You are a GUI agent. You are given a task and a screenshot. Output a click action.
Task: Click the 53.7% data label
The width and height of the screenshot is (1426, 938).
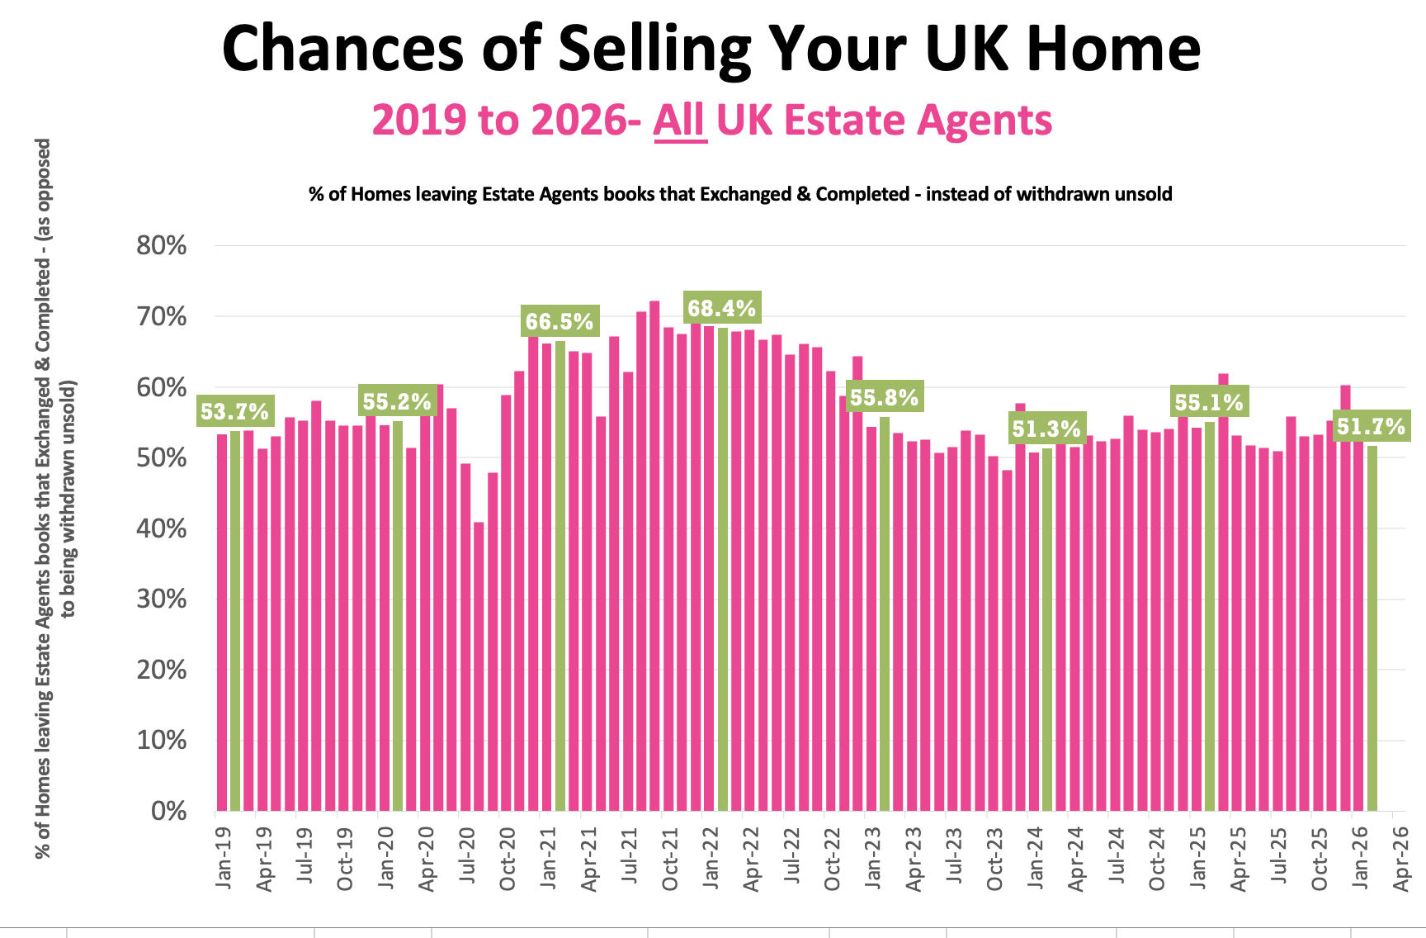point(234,411)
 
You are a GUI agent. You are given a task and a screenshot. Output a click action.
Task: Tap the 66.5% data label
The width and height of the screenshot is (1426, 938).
point(560,321)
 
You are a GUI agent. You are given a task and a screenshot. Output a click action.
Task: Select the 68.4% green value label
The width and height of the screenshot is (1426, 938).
point(722,309)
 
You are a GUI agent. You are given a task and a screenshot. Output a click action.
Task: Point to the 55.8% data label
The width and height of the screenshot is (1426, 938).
point(884,397)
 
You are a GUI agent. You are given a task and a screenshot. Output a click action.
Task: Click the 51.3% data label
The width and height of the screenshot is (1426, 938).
point(1046,429)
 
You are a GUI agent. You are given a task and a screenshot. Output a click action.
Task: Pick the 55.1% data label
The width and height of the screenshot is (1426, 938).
point(1209,402)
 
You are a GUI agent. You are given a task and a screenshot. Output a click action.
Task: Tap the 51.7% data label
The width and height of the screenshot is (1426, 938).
point(1371,426)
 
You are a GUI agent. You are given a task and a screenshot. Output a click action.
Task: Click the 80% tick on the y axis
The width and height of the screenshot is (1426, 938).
point(162,245)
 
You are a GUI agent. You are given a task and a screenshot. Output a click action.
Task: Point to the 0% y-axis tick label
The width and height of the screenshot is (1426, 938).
point(169,811)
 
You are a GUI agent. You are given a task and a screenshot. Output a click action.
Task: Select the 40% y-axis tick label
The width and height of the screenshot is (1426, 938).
point(162,528)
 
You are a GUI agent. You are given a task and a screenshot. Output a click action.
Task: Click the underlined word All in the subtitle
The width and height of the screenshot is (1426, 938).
point(680,121)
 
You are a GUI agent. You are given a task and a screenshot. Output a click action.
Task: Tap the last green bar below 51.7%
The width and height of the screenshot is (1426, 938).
point(1372,628)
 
